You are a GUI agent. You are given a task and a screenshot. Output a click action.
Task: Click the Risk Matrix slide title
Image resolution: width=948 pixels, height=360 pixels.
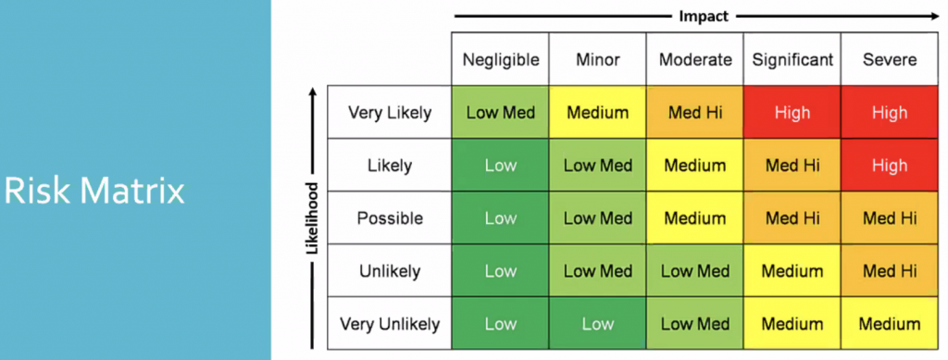tap(95, 191)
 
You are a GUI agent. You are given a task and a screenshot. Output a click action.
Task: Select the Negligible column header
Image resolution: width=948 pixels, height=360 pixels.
tap(500, 60)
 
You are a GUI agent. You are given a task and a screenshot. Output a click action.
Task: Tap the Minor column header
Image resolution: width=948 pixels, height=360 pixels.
tap(597, 60)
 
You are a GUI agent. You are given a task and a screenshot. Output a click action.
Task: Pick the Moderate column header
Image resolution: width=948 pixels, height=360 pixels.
tap(694, 60)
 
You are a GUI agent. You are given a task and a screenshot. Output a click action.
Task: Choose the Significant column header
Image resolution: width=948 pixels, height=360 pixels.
tap(792, 60)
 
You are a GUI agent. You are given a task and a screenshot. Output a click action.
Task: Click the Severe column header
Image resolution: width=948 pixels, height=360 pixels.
tap(890, 60)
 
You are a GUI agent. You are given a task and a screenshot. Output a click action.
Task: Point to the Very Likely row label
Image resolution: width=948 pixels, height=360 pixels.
tap(390, 113)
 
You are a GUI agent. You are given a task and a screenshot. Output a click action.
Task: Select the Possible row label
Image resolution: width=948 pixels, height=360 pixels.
tap(390, 218)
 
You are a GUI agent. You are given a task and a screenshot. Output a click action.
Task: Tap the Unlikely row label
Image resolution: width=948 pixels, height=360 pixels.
tap(390, 271)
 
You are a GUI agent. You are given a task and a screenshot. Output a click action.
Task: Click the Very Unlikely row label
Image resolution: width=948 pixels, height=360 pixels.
tap(390, 324)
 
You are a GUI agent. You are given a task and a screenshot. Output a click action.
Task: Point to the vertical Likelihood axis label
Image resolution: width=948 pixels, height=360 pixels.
tap(312, 218)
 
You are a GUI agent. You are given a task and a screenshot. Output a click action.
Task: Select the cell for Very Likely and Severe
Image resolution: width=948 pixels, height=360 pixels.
tap(890, 113)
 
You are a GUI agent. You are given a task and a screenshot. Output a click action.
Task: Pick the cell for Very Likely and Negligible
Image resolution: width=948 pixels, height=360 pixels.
tap(500, 113)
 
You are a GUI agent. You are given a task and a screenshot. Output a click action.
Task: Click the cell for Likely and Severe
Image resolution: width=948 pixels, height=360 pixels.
tap(890, 166)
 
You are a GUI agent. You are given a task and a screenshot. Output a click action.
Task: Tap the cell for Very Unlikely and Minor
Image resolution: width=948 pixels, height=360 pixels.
tap(597, 324)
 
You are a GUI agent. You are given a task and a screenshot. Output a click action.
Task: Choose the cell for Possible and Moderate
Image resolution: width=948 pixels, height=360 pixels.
tap(694, 218)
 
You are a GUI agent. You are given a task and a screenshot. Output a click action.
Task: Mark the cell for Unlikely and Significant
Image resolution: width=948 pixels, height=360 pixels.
tap(792, 271)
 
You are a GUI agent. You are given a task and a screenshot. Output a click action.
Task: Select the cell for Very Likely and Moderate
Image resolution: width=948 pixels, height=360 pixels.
tap(694, 113)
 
